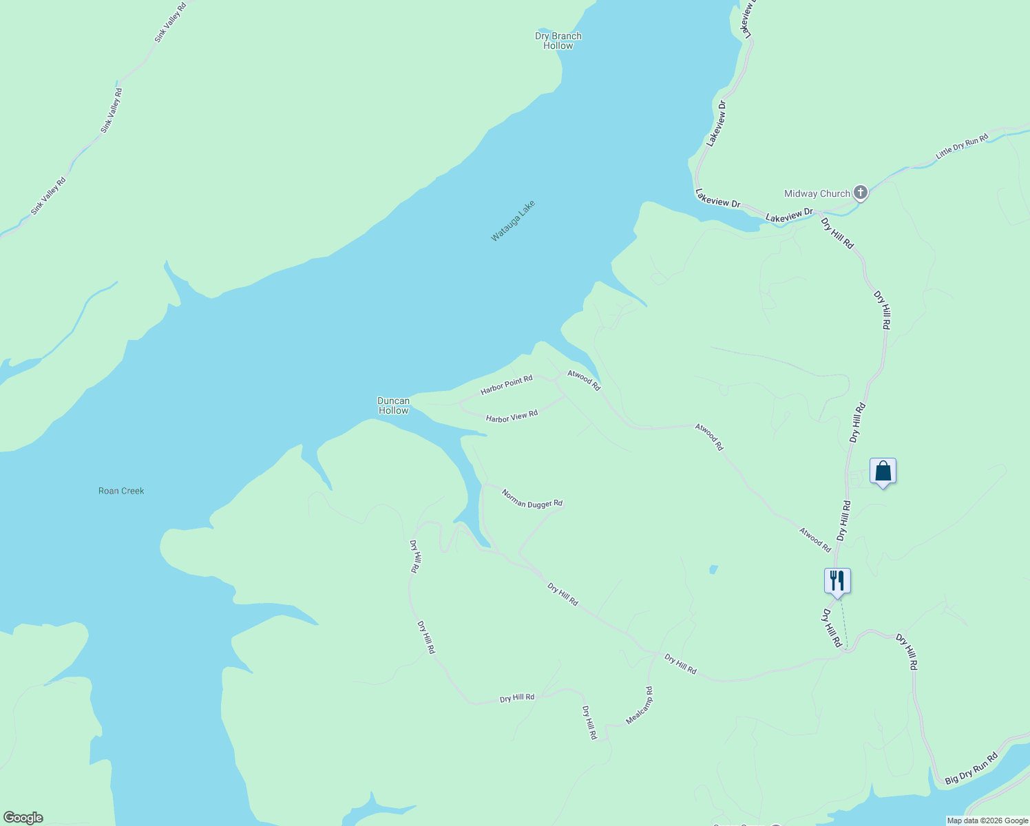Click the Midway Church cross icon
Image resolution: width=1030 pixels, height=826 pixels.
click(x=861, y=193)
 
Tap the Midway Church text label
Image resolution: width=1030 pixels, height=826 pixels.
click(x=817, y=194)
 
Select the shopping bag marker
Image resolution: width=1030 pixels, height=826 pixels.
click(x=883, y=472)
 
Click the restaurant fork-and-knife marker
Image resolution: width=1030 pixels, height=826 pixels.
click(x=837, y=580)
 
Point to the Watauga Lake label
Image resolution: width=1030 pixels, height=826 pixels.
click(x=513, y=221)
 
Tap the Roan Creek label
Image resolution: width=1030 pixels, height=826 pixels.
click(x=121, y=491)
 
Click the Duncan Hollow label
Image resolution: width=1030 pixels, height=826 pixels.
click(x=393, y=405)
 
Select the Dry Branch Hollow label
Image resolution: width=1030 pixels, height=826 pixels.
click(x=558, y=41)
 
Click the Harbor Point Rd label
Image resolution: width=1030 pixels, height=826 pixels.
click(x=507, y=385)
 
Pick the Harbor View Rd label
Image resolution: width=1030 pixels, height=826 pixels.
click(x=512, y=416)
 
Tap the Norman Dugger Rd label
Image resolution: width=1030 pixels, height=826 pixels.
click(x=532, y=499)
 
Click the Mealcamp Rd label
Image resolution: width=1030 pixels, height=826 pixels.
click(x=639, y=706)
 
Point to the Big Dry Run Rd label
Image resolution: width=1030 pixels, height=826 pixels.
click(x=971, y=769)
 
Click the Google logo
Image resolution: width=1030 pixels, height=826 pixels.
click(x=23, y=818)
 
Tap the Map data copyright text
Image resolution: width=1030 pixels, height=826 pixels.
click(x=987, y=820)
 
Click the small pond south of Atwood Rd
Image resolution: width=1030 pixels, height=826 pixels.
click(x=713, y=569)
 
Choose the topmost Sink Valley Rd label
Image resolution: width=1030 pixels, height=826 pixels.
click(x=170, y=23)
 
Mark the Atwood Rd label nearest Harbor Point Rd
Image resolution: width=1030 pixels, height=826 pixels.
click(x=584, y=380)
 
